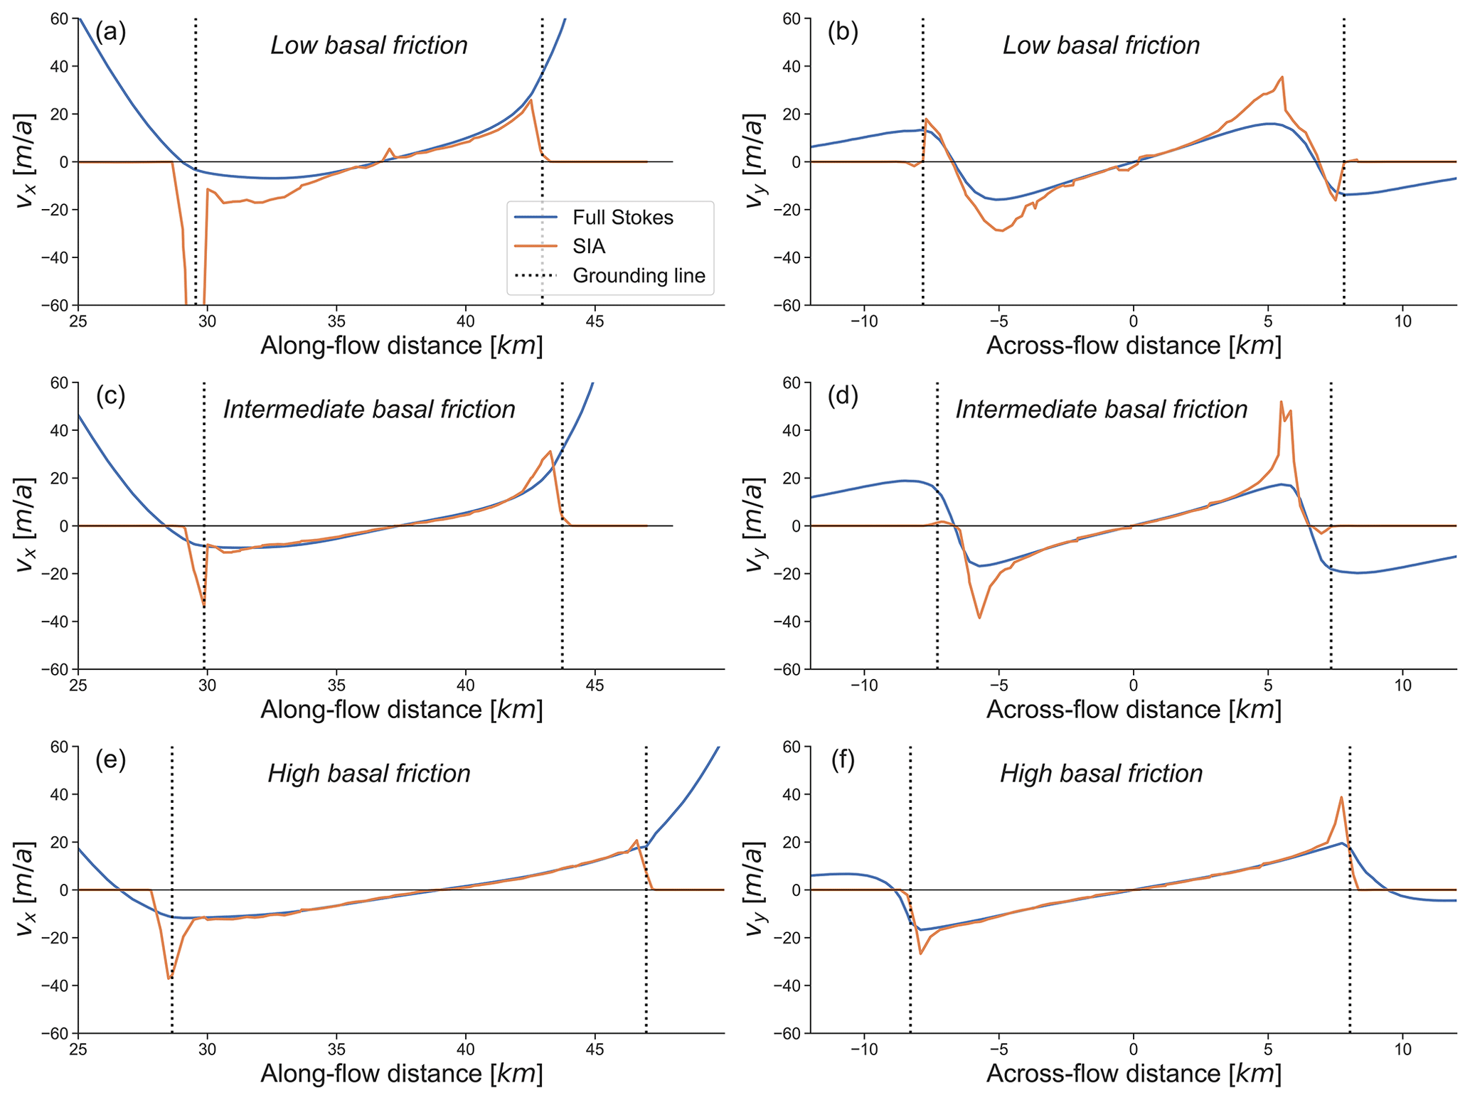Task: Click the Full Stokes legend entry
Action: [622, 218]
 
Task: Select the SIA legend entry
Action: [589, 247]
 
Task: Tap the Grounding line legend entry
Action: [638, 276]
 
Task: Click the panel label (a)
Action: [110, 32]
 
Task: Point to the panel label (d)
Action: [843, 396]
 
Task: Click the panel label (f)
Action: [843, 760]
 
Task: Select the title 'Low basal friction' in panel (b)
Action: [1101, 46]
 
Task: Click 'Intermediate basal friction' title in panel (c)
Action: [369, 410]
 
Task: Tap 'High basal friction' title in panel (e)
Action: [369, 774]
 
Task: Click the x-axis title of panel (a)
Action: [402, 346]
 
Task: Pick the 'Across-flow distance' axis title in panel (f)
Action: [1134, 1074]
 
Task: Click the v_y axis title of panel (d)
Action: [754, 525]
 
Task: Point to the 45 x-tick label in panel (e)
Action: [595, 1050]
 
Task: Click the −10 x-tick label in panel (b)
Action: [864, 321]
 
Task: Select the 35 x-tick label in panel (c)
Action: [336, 685]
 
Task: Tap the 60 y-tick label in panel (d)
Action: [792, 383]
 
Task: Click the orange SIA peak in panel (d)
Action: [1281, 402]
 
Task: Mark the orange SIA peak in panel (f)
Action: [1341, 797]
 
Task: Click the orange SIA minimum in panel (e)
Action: [169, 979]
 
